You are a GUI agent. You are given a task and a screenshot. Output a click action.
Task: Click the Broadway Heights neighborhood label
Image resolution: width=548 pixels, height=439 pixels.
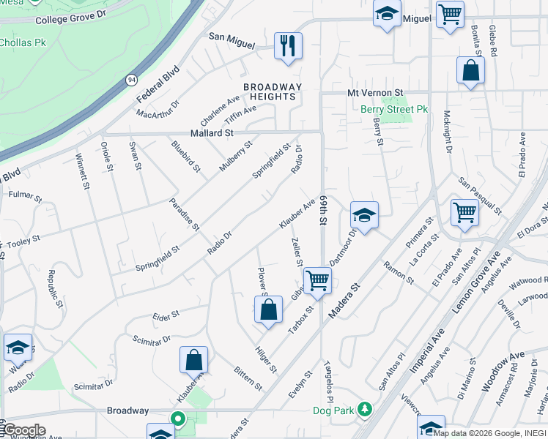(x=273, y=91)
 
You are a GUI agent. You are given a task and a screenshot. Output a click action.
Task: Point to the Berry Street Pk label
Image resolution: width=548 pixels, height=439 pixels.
(x=394, y=110)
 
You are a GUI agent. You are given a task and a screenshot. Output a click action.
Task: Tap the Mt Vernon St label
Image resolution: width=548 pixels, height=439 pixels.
(x=375, y=93)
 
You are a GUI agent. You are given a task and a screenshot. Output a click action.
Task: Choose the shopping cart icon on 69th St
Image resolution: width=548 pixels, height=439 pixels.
(x=317, y=280)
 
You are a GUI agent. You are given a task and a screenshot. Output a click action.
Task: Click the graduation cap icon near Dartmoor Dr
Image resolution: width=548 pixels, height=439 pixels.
(x=364, y=215)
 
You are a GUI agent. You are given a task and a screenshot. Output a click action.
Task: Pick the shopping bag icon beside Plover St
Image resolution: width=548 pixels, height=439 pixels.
(x=269, y=309)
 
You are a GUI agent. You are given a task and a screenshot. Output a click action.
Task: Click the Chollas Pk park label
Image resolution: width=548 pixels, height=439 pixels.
(x=22, y=43)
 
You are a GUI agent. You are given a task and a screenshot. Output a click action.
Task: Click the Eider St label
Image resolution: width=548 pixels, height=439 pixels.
(x=166, y=315)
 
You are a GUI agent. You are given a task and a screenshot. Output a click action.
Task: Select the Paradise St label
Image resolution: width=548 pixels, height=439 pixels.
(x=185, y=214)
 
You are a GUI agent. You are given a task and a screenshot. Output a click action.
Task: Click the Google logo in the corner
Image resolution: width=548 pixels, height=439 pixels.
(x=24, y=430)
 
